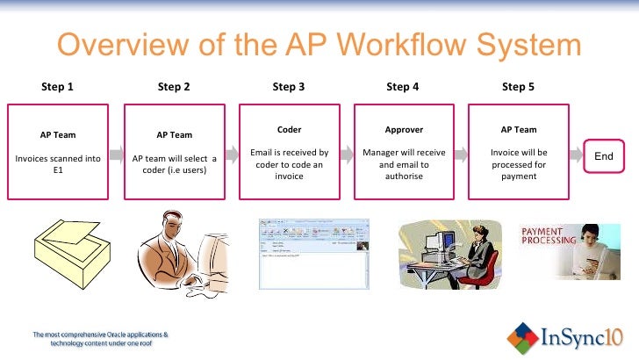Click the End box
[604, 156]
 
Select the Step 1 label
[58, 87]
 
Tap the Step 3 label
[289, 87]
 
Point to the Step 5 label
[518, 87]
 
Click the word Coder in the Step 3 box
[289, 130]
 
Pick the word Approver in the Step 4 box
[404, 130]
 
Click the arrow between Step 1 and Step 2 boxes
[116, 155]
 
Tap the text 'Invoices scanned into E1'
[58, 165]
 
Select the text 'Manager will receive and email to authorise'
[404, 164]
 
